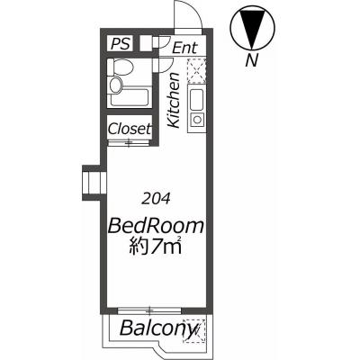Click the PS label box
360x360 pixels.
click(x=121, y=44)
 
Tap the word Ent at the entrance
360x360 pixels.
click(x=185, y=48)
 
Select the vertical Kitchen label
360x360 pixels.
click(x=174, y=101)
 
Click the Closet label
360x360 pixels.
click(x=130, y=129)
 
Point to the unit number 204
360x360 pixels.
click(x=156, y=199)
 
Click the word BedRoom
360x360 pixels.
click(x=156, y=226)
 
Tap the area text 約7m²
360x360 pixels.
click(x=156, y=246)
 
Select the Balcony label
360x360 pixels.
click(x=158, y=328)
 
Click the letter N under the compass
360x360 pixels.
click(x=252, y=61)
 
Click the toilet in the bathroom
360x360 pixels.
click(x=121, y=67)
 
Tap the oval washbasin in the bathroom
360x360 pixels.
click(x=116, y=85)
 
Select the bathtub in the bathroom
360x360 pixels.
click(x=130, y=95)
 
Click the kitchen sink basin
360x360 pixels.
click(x=197, y=100)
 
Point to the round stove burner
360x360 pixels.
click(x=197, y=120)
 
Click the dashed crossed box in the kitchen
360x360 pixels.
click(x=197, y=71)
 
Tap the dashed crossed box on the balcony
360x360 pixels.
click(x=194, y=330)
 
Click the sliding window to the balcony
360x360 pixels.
click(x=149, y=310)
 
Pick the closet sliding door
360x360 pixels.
click(x=129, y=143)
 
